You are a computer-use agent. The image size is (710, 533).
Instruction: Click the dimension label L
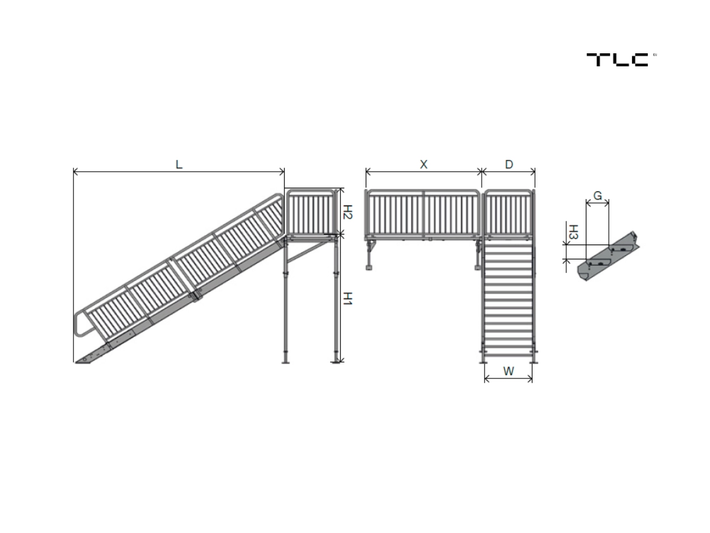pos(179,165)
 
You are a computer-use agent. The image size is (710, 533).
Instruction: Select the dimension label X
pos(424,165)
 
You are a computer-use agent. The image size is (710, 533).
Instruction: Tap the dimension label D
pos(509,165)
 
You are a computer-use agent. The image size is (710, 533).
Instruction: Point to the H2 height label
pos(348,212)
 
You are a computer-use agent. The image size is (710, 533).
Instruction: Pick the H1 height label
pos(348,298)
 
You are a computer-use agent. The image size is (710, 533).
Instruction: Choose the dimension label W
pos(508,371)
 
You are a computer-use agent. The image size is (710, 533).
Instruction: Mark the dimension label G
pos(598,195)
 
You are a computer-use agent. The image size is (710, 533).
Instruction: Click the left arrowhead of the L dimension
pos(75,172)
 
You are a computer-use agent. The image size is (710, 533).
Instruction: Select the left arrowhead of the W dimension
pos(487,379)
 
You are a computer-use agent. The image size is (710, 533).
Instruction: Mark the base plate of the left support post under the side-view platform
pos(286,361)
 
